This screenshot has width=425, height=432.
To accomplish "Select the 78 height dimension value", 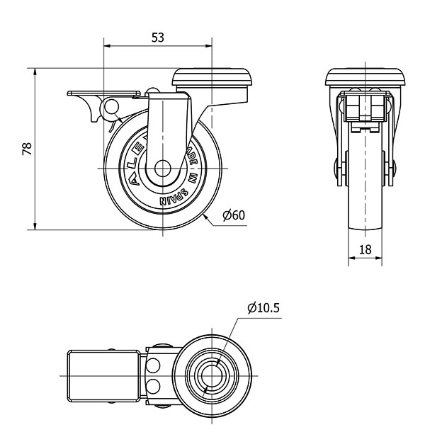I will click(27, 149).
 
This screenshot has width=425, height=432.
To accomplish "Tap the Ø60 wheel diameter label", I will click(233, 215).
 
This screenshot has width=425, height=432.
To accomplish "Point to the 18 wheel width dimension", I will click(365, 249).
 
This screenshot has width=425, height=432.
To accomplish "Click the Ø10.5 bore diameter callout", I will click(264, 308).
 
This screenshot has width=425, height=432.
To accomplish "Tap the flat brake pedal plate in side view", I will click(103, 93).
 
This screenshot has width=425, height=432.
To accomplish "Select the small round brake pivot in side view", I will click(111, 108).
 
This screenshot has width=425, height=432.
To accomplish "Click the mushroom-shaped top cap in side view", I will click(213, 76).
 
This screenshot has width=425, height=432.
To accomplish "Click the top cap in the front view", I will click(365, 77).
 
